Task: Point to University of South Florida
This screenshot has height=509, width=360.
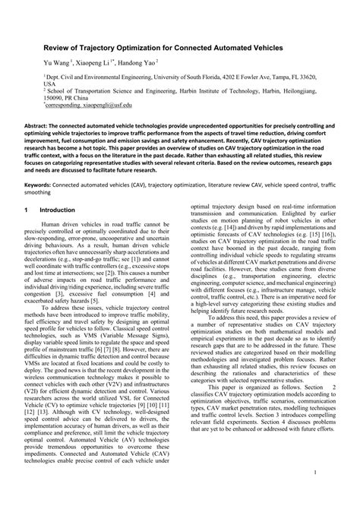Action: [207, 77]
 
